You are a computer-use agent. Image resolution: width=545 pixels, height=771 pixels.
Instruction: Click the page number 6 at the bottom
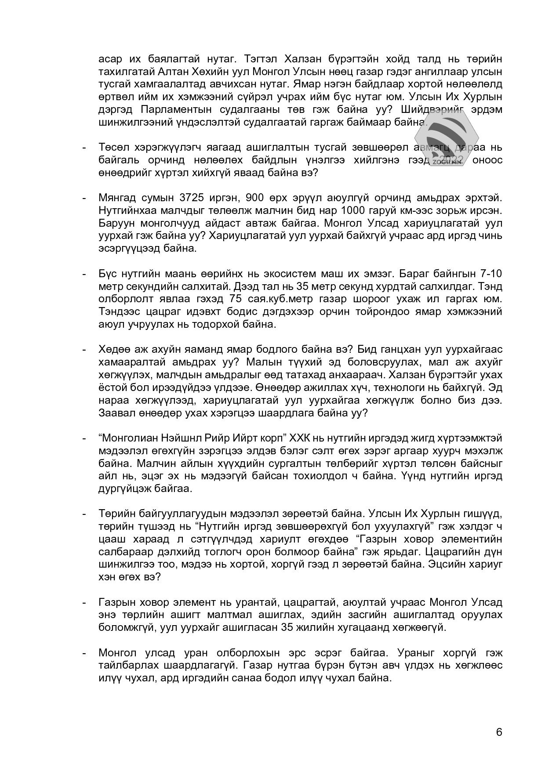[x=499, y=732]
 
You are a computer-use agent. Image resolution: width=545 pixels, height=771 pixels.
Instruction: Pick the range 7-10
[x=488, y=274]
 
